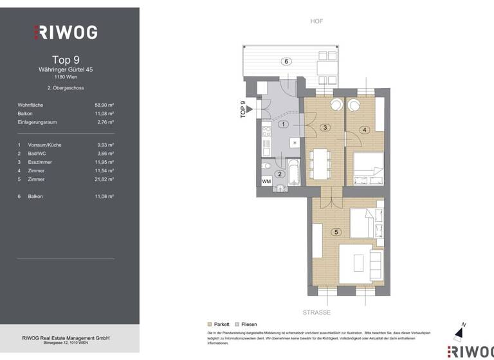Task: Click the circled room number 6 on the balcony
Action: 287,62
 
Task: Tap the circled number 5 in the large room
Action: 334,232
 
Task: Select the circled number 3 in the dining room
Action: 325,128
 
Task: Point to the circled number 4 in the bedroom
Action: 365,130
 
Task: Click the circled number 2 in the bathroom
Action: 279,174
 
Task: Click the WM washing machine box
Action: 266,182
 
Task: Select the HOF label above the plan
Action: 316,21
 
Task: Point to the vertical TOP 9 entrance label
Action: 243,110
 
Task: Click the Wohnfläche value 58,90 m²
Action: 104,104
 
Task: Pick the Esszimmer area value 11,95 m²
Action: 104,163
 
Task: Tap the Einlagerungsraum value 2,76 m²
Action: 105,122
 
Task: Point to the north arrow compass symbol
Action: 458,332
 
